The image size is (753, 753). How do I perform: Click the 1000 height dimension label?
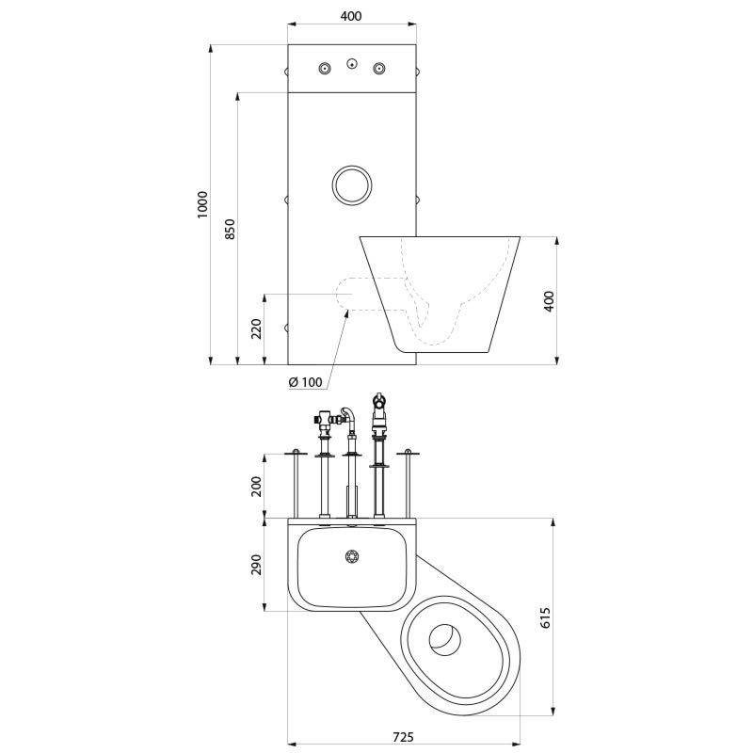click(202, 205)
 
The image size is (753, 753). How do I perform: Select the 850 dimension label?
click(230, 229)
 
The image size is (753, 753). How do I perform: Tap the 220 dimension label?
click(256, 328)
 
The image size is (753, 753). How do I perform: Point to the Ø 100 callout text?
click(305, 382)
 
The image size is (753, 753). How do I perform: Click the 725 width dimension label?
click(403, 737)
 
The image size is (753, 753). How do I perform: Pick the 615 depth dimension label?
click(546, 617)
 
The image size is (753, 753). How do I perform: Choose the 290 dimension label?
click(256, 565)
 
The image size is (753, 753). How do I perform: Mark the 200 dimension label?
click(256, 486)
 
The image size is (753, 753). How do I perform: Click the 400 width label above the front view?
click(351, 16)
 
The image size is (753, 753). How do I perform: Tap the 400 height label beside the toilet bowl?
click(549, 301)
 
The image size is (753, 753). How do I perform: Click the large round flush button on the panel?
click(351, 184)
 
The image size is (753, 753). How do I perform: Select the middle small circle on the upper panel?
click(352, 63)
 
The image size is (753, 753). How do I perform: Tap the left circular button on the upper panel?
click(326, 68)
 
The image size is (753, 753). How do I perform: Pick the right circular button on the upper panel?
click(379, 68)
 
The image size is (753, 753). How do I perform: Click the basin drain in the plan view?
click(352, 556)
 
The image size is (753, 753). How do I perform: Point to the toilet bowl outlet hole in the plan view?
click(444, 640)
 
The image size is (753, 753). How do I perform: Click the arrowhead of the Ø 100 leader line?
click(347, 312)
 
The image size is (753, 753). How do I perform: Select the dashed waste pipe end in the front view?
click(344, 294)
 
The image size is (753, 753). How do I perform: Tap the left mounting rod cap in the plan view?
click(296, 453)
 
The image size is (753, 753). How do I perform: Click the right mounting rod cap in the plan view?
click(408, 453)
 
